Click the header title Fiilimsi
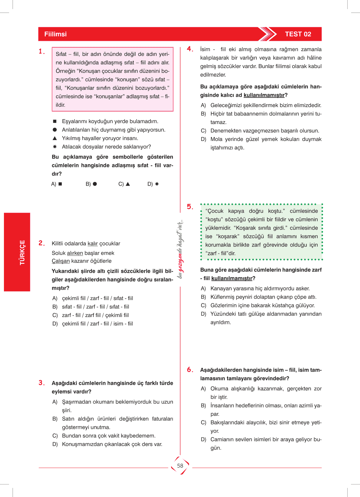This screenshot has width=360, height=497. tap(55, 34)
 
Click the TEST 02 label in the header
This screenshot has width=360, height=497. tap(298, 34)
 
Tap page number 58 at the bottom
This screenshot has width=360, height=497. tap(180, 466)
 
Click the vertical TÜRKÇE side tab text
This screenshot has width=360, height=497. tap(22, 253)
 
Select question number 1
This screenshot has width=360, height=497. tap(41, 51)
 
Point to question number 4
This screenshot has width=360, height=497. tap(190, 49)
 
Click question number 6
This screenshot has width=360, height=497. tap(190, 370)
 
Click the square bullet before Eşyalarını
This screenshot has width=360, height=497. tap(55, 121)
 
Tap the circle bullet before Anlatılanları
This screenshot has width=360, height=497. tap(55, 130)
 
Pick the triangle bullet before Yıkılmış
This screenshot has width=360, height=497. tap(55, 138)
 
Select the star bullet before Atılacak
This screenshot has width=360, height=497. tap(55, 147)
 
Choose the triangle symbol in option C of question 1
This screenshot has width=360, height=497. tap(128, 184)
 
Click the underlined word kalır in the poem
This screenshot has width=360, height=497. tap(93, 244)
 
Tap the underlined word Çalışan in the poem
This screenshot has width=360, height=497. tap(61, 261)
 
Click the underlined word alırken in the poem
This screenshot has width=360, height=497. tap(75, 253)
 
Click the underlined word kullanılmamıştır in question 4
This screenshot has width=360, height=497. tap(264, 95)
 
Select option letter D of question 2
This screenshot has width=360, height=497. tap(55, 324)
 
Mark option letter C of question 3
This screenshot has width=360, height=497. tap(55, 436)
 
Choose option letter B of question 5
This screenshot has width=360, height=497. tap(203, 297)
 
